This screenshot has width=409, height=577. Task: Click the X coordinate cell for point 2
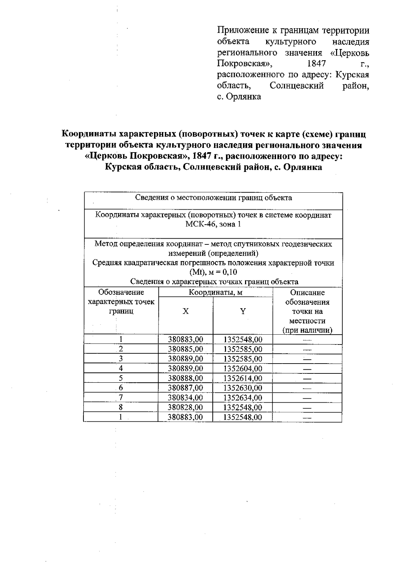point(185,349)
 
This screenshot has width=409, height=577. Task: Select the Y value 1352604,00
point(243,368)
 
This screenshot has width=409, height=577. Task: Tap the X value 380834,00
point(185,398)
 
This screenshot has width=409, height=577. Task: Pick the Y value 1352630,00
point(243,388)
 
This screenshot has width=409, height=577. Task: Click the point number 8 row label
point(121,407)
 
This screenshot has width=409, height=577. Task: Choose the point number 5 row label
point(121,378)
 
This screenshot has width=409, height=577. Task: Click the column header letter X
point(185,311)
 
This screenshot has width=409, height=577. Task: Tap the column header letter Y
point(243,311)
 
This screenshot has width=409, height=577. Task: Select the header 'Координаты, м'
point(215,292)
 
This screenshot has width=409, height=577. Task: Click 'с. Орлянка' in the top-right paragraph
point(239,97)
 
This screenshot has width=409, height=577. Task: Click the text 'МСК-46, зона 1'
point(213,225)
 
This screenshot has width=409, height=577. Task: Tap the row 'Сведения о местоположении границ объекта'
point(213,198)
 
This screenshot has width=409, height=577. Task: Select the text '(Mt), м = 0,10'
point(213,272)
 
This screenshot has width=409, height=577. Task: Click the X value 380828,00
point(185,407)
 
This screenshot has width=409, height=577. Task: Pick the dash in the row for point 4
point(307,369)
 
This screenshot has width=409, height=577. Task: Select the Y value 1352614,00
point(243,378)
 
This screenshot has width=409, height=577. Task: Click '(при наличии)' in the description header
point(307,330)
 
